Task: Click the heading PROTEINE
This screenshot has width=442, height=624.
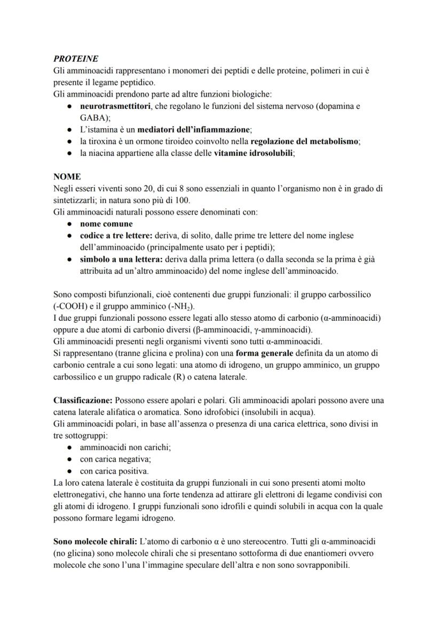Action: coord(76,59)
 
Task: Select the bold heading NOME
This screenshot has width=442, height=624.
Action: coord(67,176)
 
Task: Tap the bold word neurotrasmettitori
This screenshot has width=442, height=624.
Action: coord(115,106)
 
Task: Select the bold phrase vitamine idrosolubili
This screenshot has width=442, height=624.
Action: coord(254,153)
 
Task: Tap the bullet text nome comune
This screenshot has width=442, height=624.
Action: coord(106,224)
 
